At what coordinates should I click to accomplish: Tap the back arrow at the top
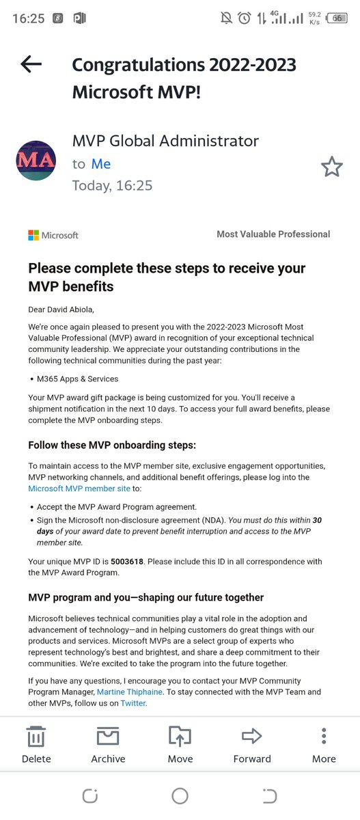coord(31,64)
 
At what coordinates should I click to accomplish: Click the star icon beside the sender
coord(332,166)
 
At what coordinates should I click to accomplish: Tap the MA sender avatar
coord(36,161)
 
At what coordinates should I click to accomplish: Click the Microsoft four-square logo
coord(33,235)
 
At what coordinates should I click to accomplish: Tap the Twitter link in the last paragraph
coord(133,684)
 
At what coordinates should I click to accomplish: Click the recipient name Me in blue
coord(101,164)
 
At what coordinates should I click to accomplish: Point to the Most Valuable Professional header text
coord(273,234)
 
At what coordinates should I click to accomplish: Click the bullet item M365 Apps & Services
coord(79,379)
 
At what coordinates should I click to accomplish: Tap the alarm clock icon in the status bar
coord(245,18)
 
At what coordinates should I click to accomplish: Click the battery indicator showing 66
coord(337,18)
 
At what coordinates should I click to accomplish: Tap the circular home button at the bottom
coord(180,795)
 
